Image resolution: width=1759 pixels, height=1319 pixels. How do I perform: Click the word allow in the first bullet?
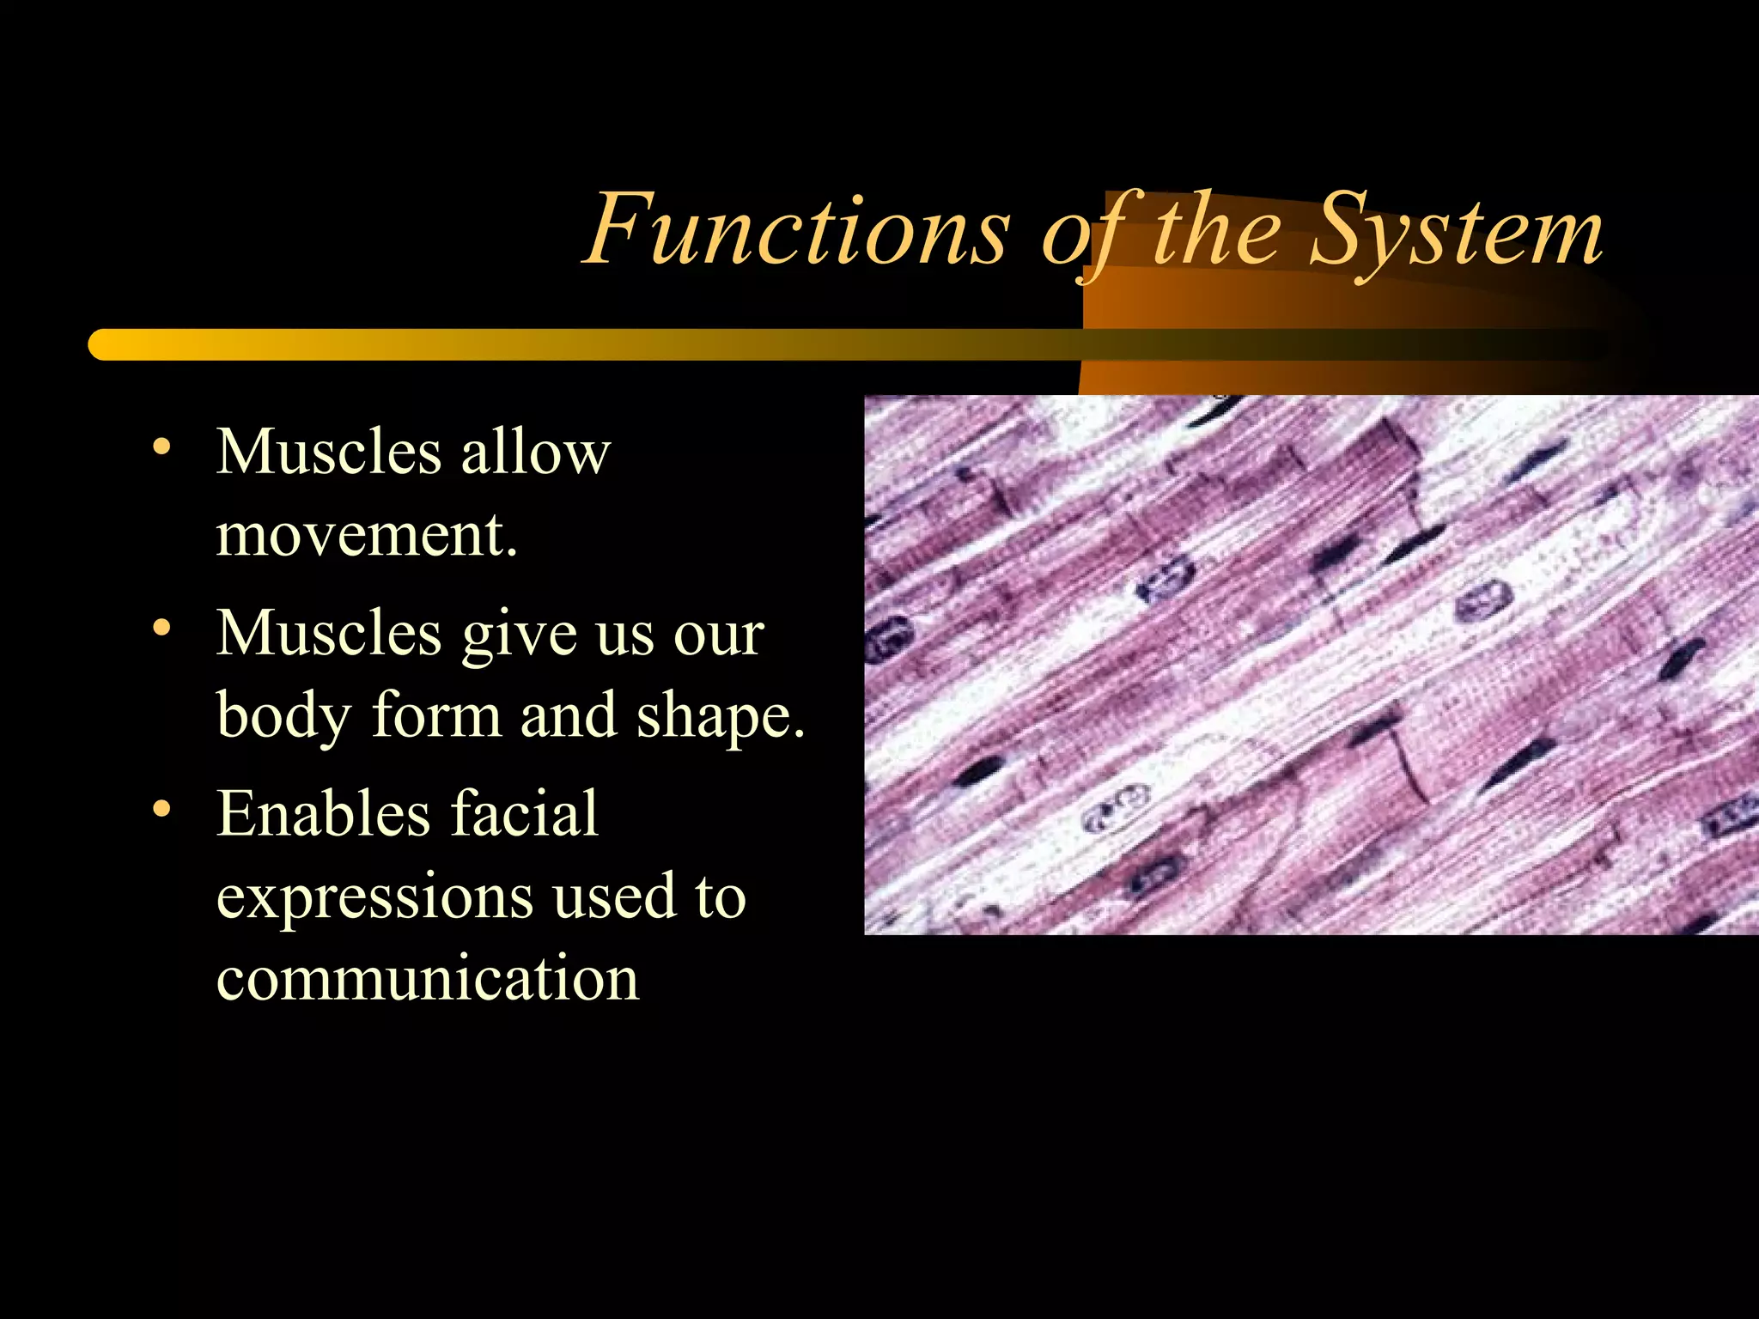point(535,452)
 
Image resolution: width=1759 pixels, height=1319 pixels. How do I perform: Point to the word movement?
point(367,536)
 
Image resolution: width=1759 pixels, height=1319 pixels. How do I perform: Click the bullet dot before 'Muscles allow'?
point(161,447)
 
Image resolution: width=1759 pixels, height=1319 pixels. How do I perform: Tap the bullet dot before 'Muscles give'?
point(161,629)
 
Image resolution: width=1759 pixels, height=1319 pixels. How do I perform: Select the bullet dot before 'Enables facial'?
point(161,809)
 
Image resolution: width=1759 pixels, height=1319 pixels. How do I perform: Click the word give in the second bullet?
point(519,635)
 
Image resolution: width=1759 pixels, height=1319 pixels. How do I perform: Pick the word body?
point(284,715)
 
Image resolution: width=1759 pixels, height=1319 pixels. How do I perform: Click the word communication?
point(428,978)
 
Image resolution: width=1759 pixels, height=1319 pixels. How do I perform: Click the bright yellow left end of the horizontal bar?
point(107,344)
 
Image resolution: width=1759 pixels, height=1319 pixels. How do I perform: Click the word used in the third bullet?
point(614,896)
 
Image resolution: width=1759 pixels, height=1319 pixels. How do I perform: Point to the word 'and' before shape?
point(568,715)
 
